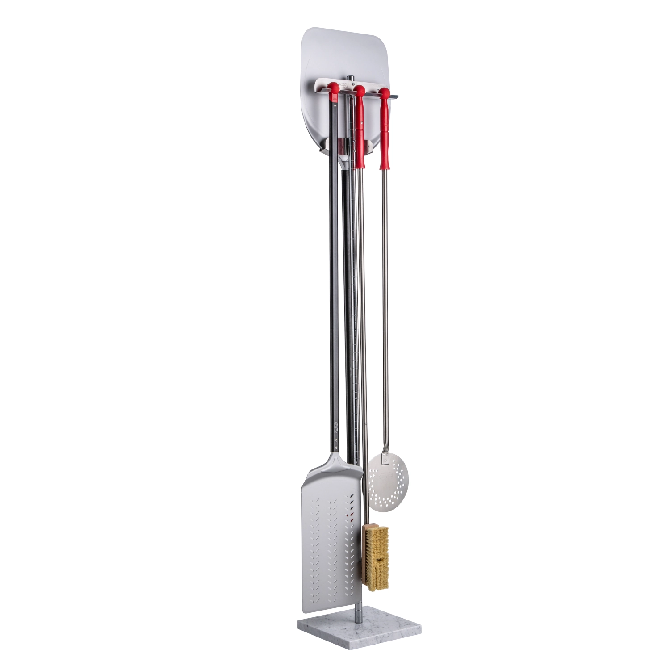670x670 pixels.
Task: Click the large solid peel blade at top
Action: [x=339, y=54]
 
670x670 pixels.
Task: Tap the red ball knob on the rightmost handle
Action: [x=384, y=92]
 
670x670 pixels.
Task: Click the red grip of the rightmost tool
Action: [x=384, y=134]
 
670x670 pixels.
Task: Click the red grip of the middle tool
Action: [x=360, y=134]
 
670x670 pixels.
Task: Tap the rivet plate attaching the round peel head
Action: [x=385, y=457]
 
